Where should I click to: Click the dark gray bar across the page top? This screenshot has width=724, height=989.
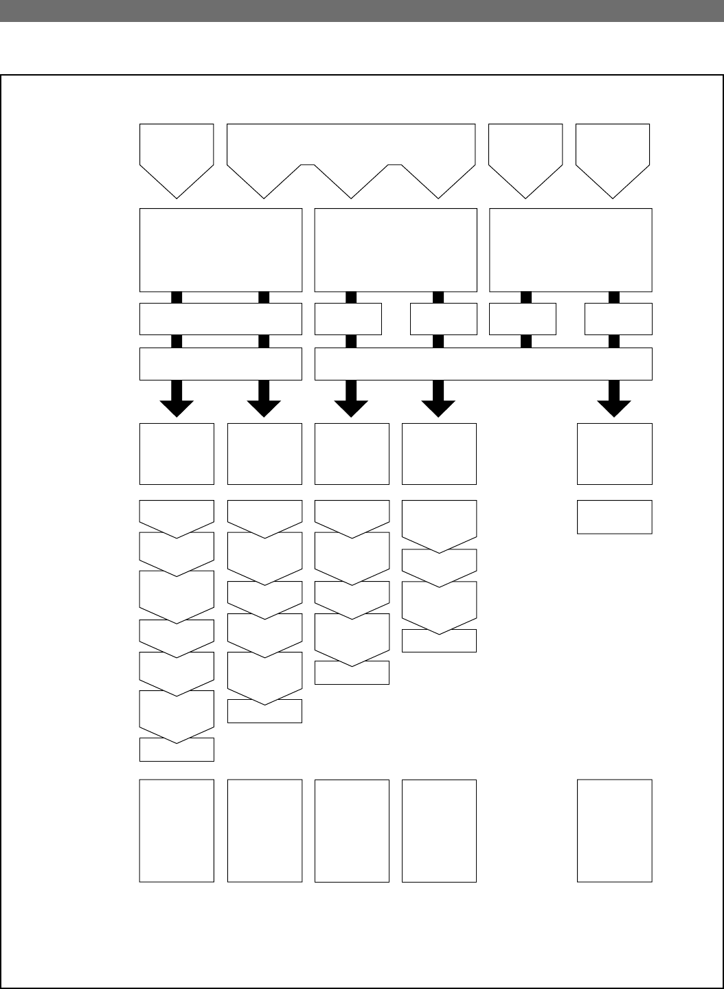[x=362, y=10]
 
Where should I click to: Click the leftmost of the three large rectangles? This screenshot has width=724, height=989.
[x=220, y=250]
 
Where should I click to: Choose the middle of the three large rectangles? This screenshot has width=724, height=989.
[x=396, y=250]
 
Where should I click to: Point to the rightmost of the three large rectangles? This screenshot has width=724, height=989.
[x=570, y=250]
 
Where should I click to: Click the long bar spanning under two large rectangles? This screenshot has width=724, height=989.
[x=483, y=364]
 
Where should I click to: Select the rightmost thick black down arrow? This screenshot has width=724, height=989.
[x=614, y=400]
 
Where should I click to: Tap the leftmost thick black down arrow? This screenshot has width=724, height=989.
[x=177, y=400]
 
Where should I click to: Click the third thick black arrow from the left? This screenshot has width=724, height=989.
[x=351, y=400]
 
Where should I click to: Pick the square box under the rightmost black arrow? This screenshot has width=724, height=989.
[x=614, y=454]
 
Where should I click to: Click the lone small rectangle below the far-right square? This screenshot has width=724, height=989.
[x=614, y=516]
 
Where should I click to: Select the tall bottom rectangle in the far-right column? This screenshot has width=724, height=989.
[x=614, y=830]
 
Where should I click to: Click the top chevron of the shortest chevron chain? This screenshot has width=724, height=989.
[x=439, y=519]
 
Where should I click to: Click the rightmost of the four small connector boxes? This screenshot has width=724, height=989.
[x=618, y=319]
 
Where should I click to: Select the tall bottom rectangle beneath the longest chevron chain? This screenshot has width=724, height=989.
[x=177, y=830]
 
